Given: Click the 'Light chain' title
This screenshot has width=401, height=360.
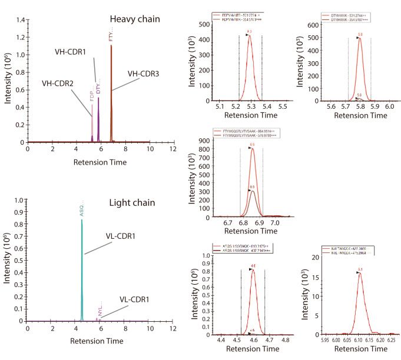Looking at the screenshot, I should [x=132, y=203].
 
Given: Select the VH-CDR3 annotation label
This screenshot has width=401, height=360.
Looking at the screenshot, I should [x=144, y=74].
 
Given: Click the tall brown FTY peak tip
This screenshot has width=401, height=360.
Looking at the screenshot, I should [x=111, y=46].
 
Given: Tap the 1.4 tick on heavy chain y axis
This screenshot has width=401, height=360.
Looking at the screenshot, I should [x=21, y=20].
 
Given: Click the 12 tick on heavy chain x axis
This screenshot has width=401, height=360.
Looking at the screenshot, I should [x=173, y=149].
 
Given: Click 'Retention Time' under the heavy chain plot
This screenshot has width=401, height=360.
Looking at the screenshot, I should [x=100, y=161].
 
